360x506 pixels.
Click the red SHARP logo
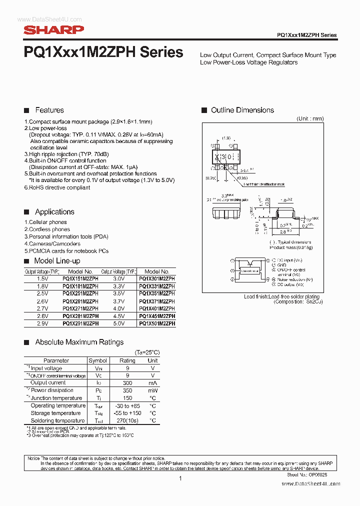[x=53, y=30]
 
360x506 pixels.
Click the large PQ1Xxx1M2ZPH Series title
[x=103, y=53]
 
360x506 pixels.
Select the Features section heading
[x=49, y=110]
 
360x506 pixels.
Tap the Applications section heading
[x=54, y=212]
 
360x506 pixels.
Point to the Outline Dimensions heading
[x=242, y=110]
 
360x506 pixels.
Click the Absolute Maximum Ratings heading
[x=79, y=342]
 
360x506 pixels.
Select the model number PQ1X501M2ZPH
[x=157, y=323]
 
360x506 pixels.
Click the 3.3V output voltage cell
[x=119, y=286]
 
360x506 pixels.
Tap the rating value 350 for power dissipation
[x=127, y=390]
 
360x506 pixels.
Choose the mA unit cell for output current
[x=153, y=383]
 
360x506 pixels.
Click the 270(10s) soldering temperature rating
[x=127, y=420]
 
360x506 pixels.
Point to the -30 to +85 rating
[x=127, y=405]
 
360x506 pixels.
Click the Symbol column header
[x=97, y=360]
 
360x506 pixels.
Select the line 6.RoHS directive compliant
[x=57, y=187]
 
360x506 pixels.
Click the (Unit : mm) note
[x=310, y=118]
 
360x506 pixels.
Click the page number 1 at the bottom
[x=180, y=478]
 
